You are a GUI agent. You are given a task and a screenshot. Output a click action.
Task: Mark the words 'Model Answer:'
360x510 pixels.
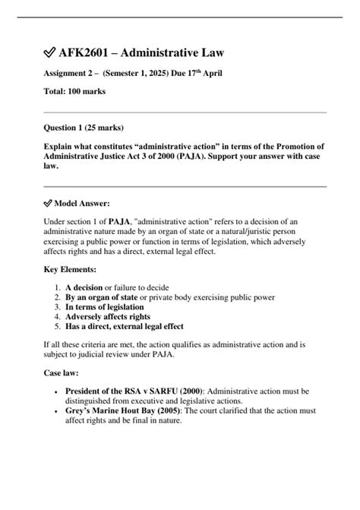pyautogui.click(x=83, y=204)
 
